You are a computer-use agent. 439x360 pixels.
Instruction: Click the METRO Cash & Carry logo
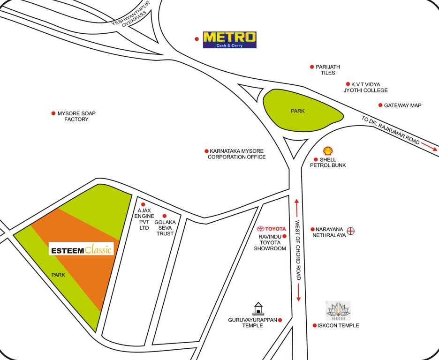[229, 40]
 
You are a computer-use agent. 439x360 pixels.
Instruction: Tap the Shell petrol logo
[328, 150]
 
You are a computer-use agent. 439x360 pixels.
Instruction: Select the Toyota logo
[272, 229]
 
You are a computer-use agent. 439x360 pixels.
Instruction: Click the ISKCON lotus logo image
[338, 310]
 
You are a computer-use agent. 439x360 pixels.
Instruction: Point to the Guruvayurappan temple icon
[257, 308]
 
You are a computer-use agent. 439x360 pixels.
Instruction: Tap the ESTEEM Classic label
[81, 249]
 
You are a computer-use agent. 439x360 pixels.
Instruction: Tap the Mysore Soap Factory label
[76, 116]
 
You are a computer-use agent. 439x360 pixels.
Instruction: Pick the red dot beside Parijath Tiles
[312, 67]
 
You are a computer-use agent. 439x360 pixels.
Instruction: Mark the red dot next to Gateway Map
[380, 105]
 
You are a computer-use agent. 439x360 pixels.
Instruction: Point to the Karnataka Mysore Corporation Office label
[237, 154]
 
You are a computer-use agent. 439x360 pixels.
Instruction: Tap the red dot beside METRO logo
[197, 39]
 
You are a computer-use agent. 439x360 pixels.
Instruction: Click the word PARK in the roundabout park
[297, 111]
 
